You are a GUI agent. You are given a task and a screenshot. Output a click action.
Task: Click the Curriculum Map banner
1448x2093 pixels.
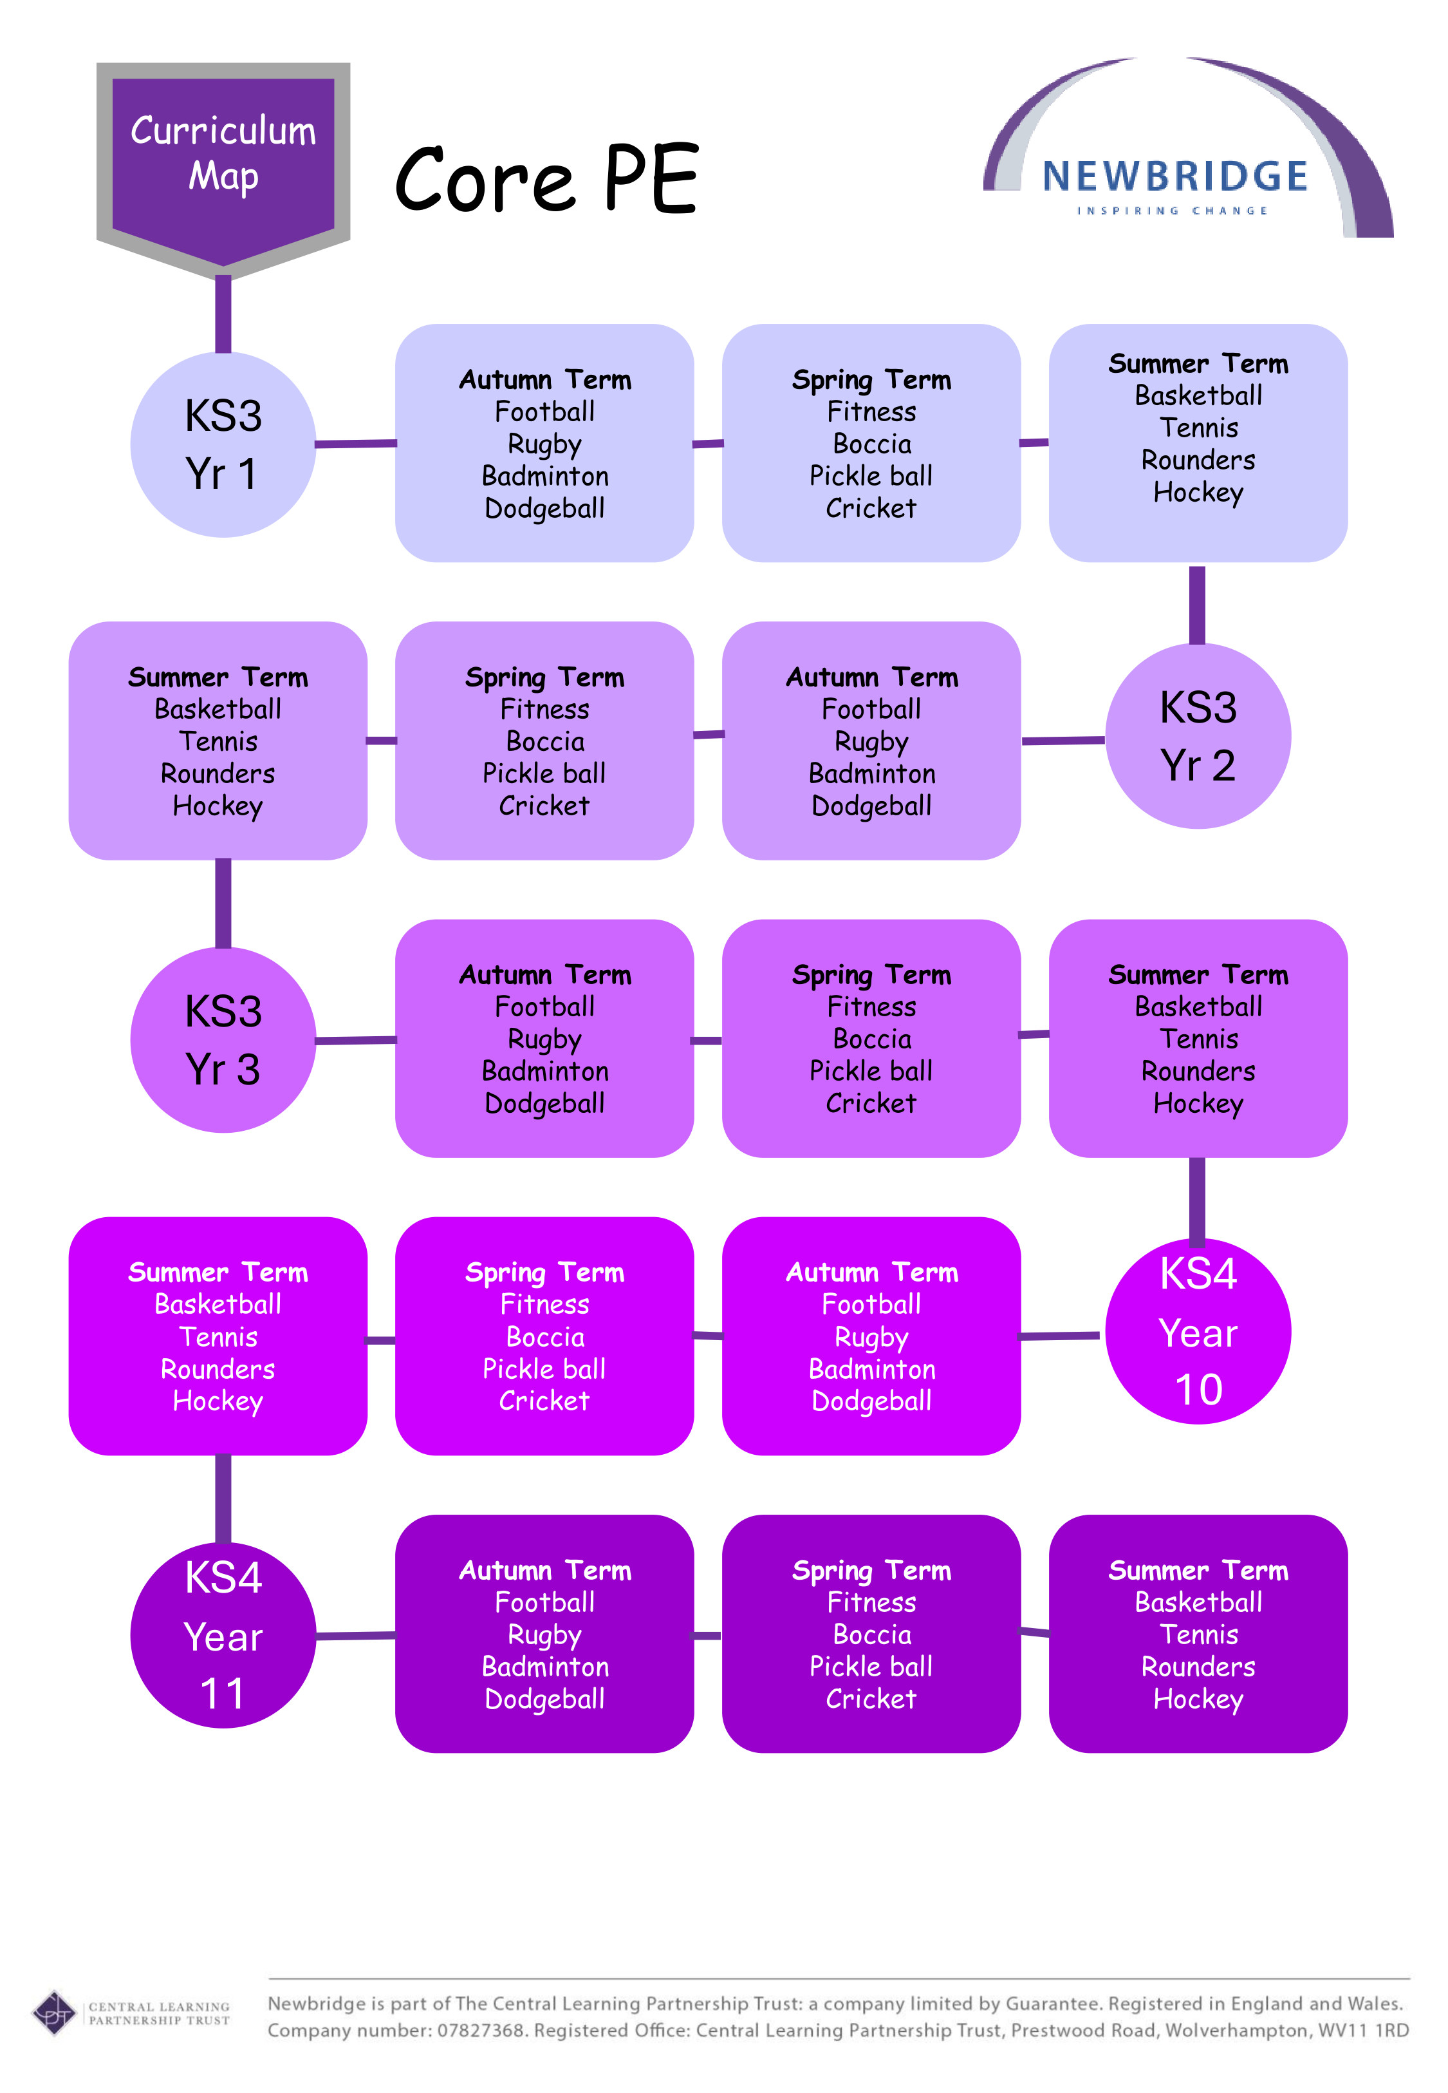[223, 155]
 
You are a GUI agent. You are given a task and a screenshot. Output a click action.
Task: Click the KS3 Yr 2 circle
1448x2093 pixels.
[1198, 735]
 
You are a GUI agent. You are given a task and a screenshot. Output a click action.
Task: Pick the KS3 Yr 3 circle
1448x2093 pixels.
[223, 1039]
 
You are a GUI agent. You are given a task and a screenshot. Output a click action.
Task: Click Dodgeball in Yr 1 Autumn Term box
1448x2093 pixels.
[544, 508]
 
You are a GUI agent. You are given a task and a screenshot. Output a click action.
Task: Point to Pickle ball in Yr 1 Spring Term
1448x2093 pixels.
[871, 476]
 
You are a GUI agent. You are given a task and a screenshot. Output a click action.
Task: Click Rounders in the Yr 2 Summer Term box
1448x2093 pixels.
[218, 773]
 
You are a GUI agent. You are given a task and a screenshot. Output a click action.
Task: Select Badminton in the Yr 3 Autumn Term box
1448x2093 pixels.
[545, 1071]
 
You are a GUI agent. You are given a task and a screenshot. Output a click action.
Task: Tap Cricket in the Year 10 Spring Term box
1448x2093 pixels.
[544, 1401]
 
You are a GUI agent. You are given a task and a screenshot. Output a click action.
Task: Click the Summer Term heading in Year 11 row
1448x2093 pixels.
[1198, 1570]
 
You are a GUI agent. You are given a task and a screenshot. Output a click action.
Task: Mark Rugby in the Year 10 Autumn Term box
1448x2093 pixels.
[871, 1337]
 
